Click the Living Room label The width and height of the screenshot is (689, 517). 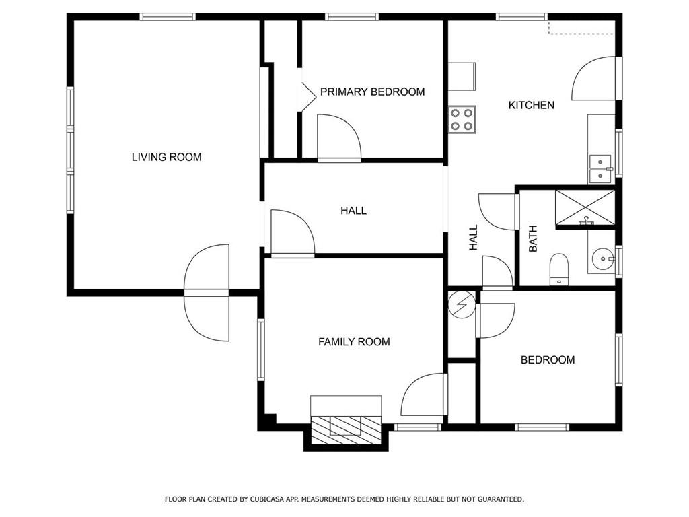pos(167,157)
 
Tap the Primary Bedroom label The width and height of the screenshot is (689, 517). pos(372,92)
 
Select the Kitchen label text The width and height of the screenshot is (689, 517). pos(532,105)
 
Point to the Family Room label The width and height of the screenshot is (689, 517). pos(354,341)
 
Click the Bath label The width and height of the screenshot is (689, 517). pos(533,239)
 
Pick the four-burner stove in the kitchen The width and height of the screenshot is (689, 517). pos(462,120)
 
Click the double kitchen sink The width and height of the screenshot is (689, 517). pos(600,169)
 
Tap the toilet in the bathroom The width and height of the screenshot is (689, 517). pos(559,268)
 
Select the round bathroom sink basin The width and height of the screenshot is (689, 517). pos(602,259)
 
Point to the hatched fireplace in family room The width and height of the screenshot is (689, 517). pos(345,429)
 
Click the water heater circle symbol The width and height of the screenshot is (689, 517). pos(462,304)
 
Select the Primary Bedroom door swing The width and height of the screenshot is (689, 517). pos(339,137)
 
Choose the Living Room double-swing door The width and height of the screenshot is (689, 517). pos(207,293)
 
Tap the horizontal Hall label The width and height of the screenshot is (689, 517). pos(353,211)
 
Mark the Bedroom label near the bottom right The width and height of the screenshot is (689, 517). pos(548,359)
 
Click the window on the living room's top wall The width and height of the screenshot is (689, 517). pos(168,17)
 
